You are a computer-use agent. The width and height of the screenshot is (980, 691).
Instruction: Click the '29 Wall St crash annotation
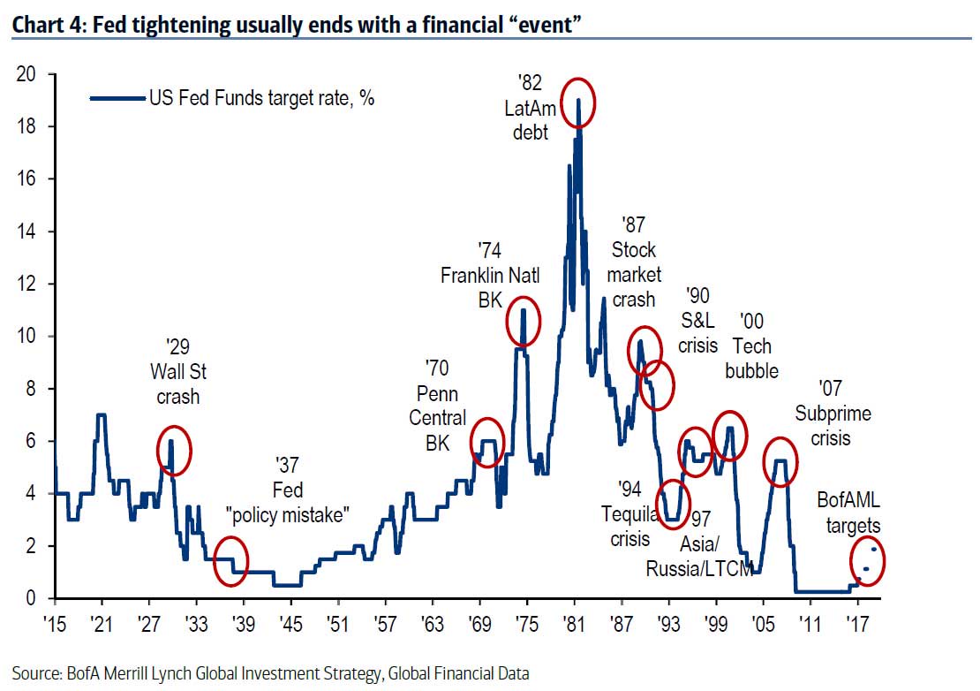[178, 371]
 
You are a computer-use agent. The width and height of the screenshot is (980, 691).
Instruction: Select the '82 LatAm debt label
[530, 108]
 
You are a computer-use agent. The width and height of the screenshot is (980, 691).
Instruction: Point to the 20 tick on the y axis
[26, 74]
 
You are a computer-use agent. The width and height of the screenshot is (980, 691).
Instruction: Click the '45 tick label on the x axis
[290, 624]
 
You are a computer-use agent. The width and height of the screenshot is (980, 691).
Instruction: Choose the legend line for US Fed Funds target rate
[117, 98]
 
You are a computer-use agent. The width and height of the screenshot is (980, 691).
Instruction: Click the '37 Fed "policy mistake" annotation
[288, 490]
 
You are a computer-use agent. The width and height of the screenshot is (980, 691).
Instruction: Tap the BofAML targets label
[849, 513]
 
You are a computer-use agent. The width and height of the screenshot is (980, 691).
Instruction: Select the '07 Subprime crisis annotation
[832, 414]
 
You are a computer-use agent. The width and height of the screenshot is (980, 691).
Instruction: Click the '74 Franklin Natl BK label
[489, 276]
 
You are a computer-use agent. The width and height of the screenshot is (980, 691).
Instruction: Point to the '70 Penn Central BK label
[437, 406]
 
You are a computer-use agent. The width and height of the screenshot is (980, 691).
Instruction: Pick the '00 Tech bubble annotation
[751, 345]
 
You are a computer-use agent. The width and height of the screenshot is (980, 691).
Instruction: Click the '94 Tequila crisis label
[629, 514]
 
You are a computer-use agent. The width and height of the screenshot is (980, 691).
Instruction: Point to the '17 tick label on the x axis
[857, 624]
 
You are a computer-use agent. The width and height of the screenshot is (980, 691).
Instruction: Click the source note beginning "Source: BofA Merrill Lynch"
[270, 673]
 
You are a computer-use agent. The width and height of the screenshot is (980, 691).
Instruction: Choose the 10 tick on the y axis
[26, 336]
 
